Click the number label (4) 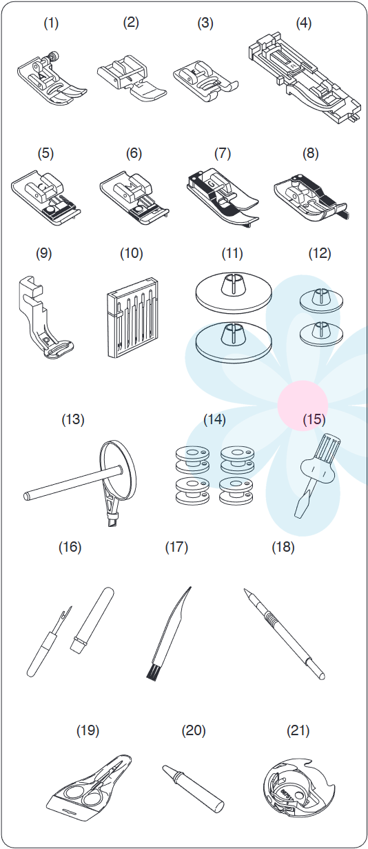[x=303, y=23]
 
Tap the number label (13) [x=73, y=419]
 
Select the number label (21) [x=298, y=730]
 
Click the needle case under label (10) [x=132, y=319]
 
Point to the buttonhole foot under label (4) [x=304, y=79]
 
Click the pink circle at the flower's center [x=303, y=404]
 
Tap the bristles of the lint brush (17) [x=152, y=671]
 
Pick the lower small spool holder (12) [x=321, y=333]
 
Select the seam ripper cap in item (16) [x=92, y=619]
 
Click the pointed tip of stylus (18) [x=246, y=590]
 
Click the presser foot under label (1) [x=52, y=80]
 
